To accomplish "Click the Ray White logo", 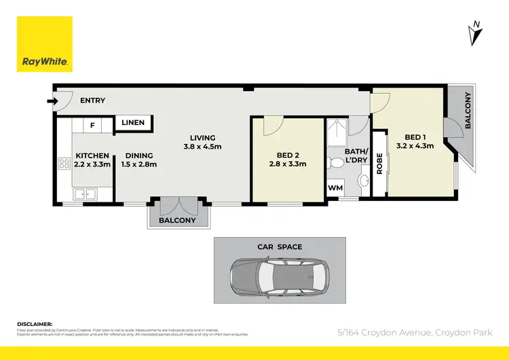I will (x=45, y=44).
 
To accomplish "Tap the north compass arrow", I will (x=475, y=33).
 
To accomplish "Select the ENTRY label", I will (x=92, y=101).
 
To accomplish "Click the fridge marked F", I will (x=92, y=126).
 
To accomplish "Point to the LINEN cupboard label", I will (x=134, y=123).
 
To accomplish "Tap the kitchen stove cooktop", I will (x=64, y=163).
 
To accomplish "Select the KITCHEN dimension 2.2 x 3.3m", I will (x=92, y=164).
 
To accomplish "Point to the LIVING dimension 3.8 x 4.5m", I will (x=202, y=147).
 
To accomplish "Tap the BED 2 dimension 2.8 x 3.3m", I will (x=288, y=164).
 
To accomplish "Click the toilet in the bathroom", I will (x=335, y=163).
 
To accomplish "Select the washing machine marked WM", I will (x=335, y=187).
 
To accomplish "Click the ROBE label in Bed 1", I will (x=380, y=164).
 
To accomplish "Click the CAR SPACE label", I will (x=280, y=247).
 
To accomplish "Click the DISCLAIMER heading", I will (x=35, y=324).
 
